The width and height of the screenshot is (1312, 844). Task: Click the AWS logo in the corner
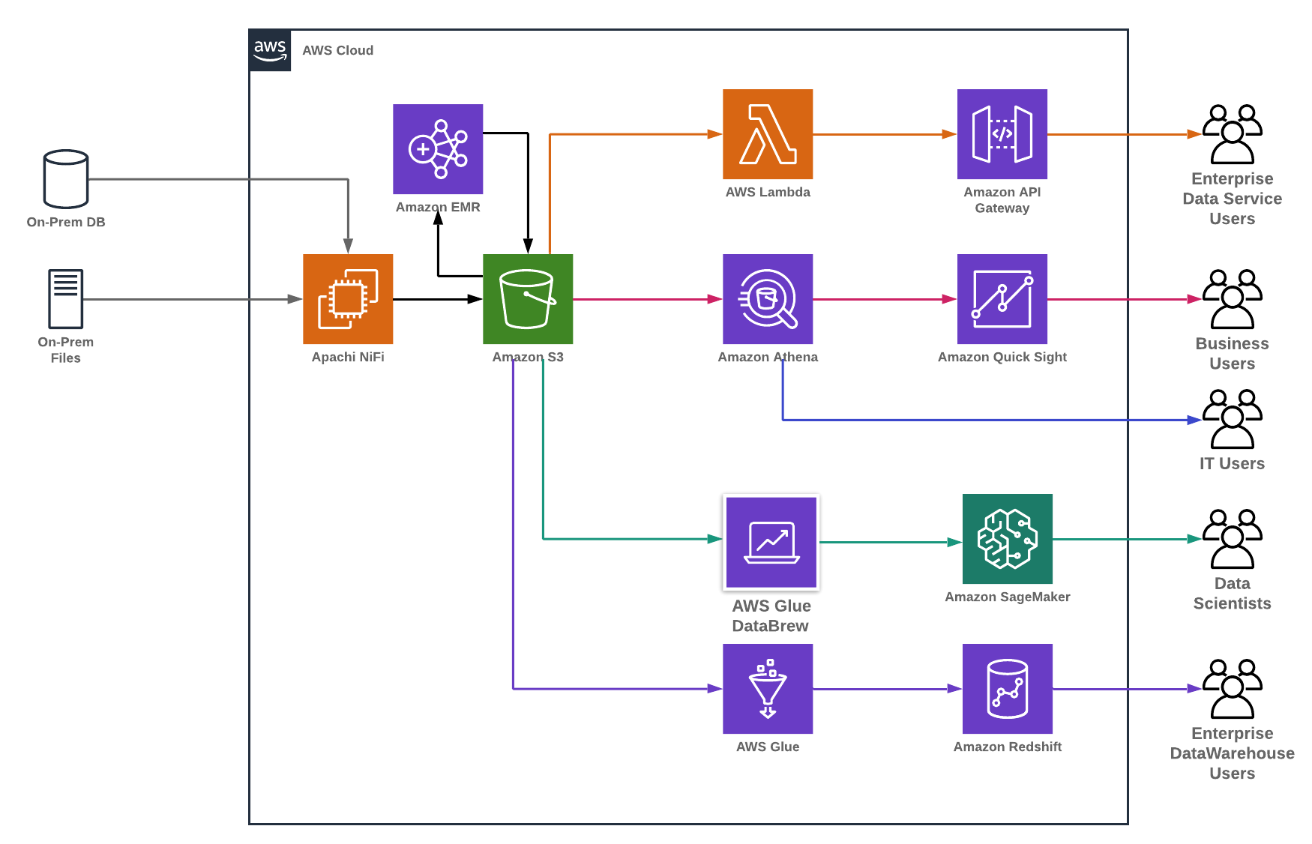(270, 51)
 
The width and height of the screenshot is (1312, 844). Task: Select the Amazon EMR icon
(438, 149)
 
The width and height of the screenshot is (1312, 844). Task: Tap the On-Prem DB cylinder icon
(66, 178)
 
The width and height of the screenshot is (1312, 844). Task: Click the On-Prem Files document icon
(66, 298)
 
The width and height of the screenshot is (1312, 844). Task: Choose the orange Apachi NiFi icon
(348, 299)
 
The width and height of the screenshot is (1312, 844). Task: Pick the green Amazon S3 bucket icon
(528, 299)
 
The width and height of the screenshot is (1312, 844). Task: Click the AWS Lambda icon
(768, 134)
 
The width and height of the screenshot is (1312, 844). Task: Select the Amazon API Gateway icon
(1002, 134)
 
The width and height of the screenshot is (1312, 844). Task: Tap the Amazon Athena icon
(768, 299)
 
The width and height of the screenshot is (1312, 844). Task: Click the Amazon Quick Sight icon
(1002, 299)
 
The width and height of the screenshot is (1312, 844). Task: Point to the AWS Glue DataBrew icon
(771, 542)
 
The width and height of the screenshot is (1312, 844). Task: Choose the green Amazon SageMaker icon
(1007, 539)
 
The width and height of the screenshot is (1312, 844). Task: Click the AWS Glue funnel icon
(768, 689)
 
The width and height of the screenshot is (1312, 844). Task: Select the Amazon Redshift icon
(1007, 689)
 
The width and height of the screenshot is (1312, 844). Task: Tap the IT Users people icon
(1232, 419)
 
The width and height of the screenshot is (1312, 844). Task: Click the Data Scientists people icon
(1232, 539)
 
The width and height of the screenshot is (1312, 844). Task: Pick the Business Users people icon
(1232, 299)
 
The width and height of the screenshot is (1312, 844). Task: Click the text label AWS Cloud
(337, 50)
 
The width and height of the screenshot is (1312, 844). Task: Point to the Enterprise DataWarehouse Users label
(1232, 753)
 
